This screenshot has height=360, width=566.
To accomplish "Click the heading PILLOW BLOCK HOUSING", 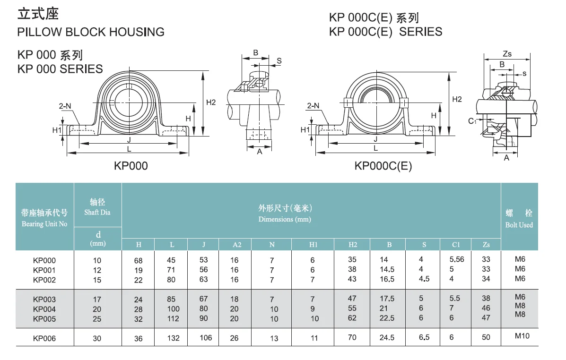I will click(91, 32).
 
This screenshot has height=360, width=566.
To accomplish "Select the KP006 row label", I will click(44, 338).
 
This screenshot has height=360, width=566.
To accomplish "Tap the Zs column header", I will click(486, 245).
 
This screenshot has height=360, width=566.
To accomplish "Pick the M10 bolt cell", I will click(519, 336).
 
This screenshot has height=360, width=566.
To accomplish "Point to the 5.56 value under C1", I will click(457, 259).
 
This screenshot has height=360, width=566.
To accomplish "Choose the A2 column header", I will click(235, 245).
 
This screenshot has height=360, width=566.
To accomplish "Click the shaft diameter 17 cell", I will click(97, 299).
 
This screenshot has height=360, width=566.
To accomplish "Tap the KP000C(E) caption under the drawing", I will click(383, 166).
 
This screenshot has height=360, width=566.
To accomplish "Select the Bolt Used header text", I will click(519, 225).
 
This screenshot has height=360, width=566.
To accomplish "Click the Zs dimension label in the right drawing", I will click(507, 54).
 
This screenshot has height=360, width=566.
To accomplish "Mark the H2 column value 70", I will click(352, 338).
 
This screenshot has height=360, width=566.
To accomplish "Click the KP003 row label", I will click(44, 299).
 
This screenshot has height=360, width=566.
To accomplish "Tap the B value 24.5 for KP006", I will click(389, 338).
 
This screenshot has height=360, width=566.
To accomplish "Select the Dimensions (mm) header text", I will click(285, 219).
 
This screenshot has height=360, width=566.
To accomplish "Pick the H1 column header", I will click(313, 245).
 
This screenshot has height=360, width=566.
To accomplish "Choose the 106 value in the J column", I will click(206, 338).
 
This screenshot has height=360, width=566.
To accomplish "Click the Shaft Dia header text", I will click(97, 213).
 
